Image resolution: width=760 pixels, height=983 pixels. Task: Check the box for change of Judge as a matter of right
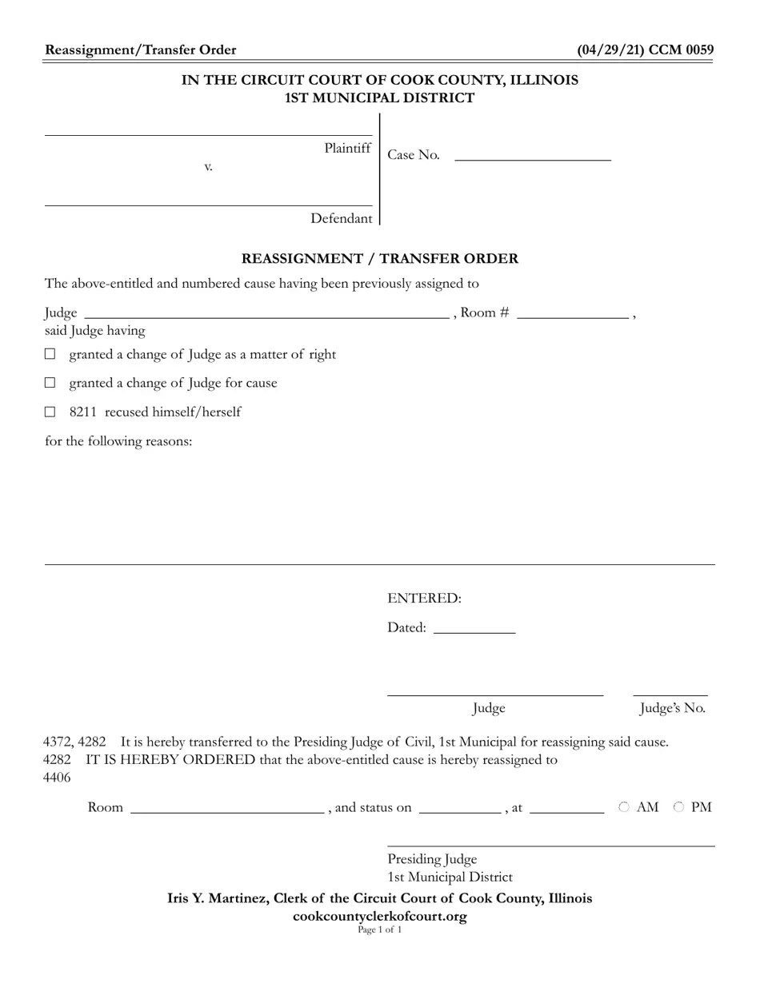point(50,354)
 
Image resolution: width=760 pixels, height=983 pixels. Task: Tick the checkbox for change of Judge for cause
point(50,383)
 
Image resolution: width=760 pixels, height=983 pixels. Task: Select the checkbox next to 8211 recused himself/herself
point(50,412)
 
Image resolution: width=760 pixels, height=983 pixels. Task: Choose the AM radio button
point(624,807)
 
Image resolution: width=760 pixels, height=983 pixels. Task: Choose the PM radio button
point(678,807)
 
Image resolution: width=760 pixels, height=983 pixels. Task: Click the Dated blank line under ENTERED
point(474,627)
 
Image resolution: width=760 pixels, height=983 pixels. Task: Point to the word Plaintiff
point(347,148)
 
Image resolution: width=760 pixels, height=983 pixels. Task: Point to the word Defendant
point(341,218)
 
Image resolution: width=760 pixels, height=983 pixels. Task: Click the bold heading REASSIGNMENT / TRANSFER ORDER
point(380,258)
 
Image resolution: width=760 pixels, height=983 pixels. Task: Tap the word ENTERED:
point(424,598)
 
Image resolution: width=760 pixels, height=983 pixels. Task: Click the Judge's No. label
point(672,708)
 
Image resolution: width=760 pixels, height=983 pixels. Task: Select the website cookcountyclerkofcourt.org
point(380,916)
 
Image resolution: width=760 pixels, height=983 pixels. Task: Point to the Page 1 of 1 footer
point(380,929)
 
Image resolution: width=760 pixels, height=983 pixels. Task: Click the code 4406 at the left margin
point(57,777)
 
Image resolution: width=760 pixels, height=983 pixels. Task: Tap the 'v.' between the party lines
point(208,166)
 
